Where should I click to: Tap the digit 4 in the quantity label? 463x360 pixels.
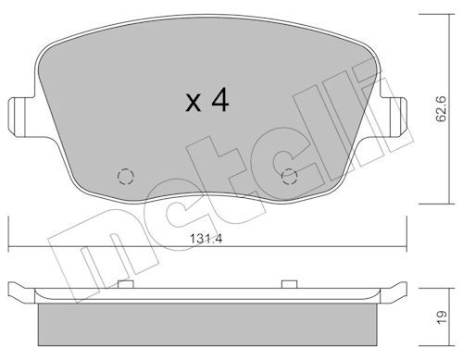tap(219, 100)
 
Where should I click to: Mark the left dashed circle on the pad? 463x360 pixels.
tap(124, 176)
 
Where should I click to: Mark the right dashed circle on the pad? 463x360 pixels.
tap(288, 176)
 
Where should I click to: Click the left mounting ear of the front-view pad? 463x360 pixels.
tap(18, 118)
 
